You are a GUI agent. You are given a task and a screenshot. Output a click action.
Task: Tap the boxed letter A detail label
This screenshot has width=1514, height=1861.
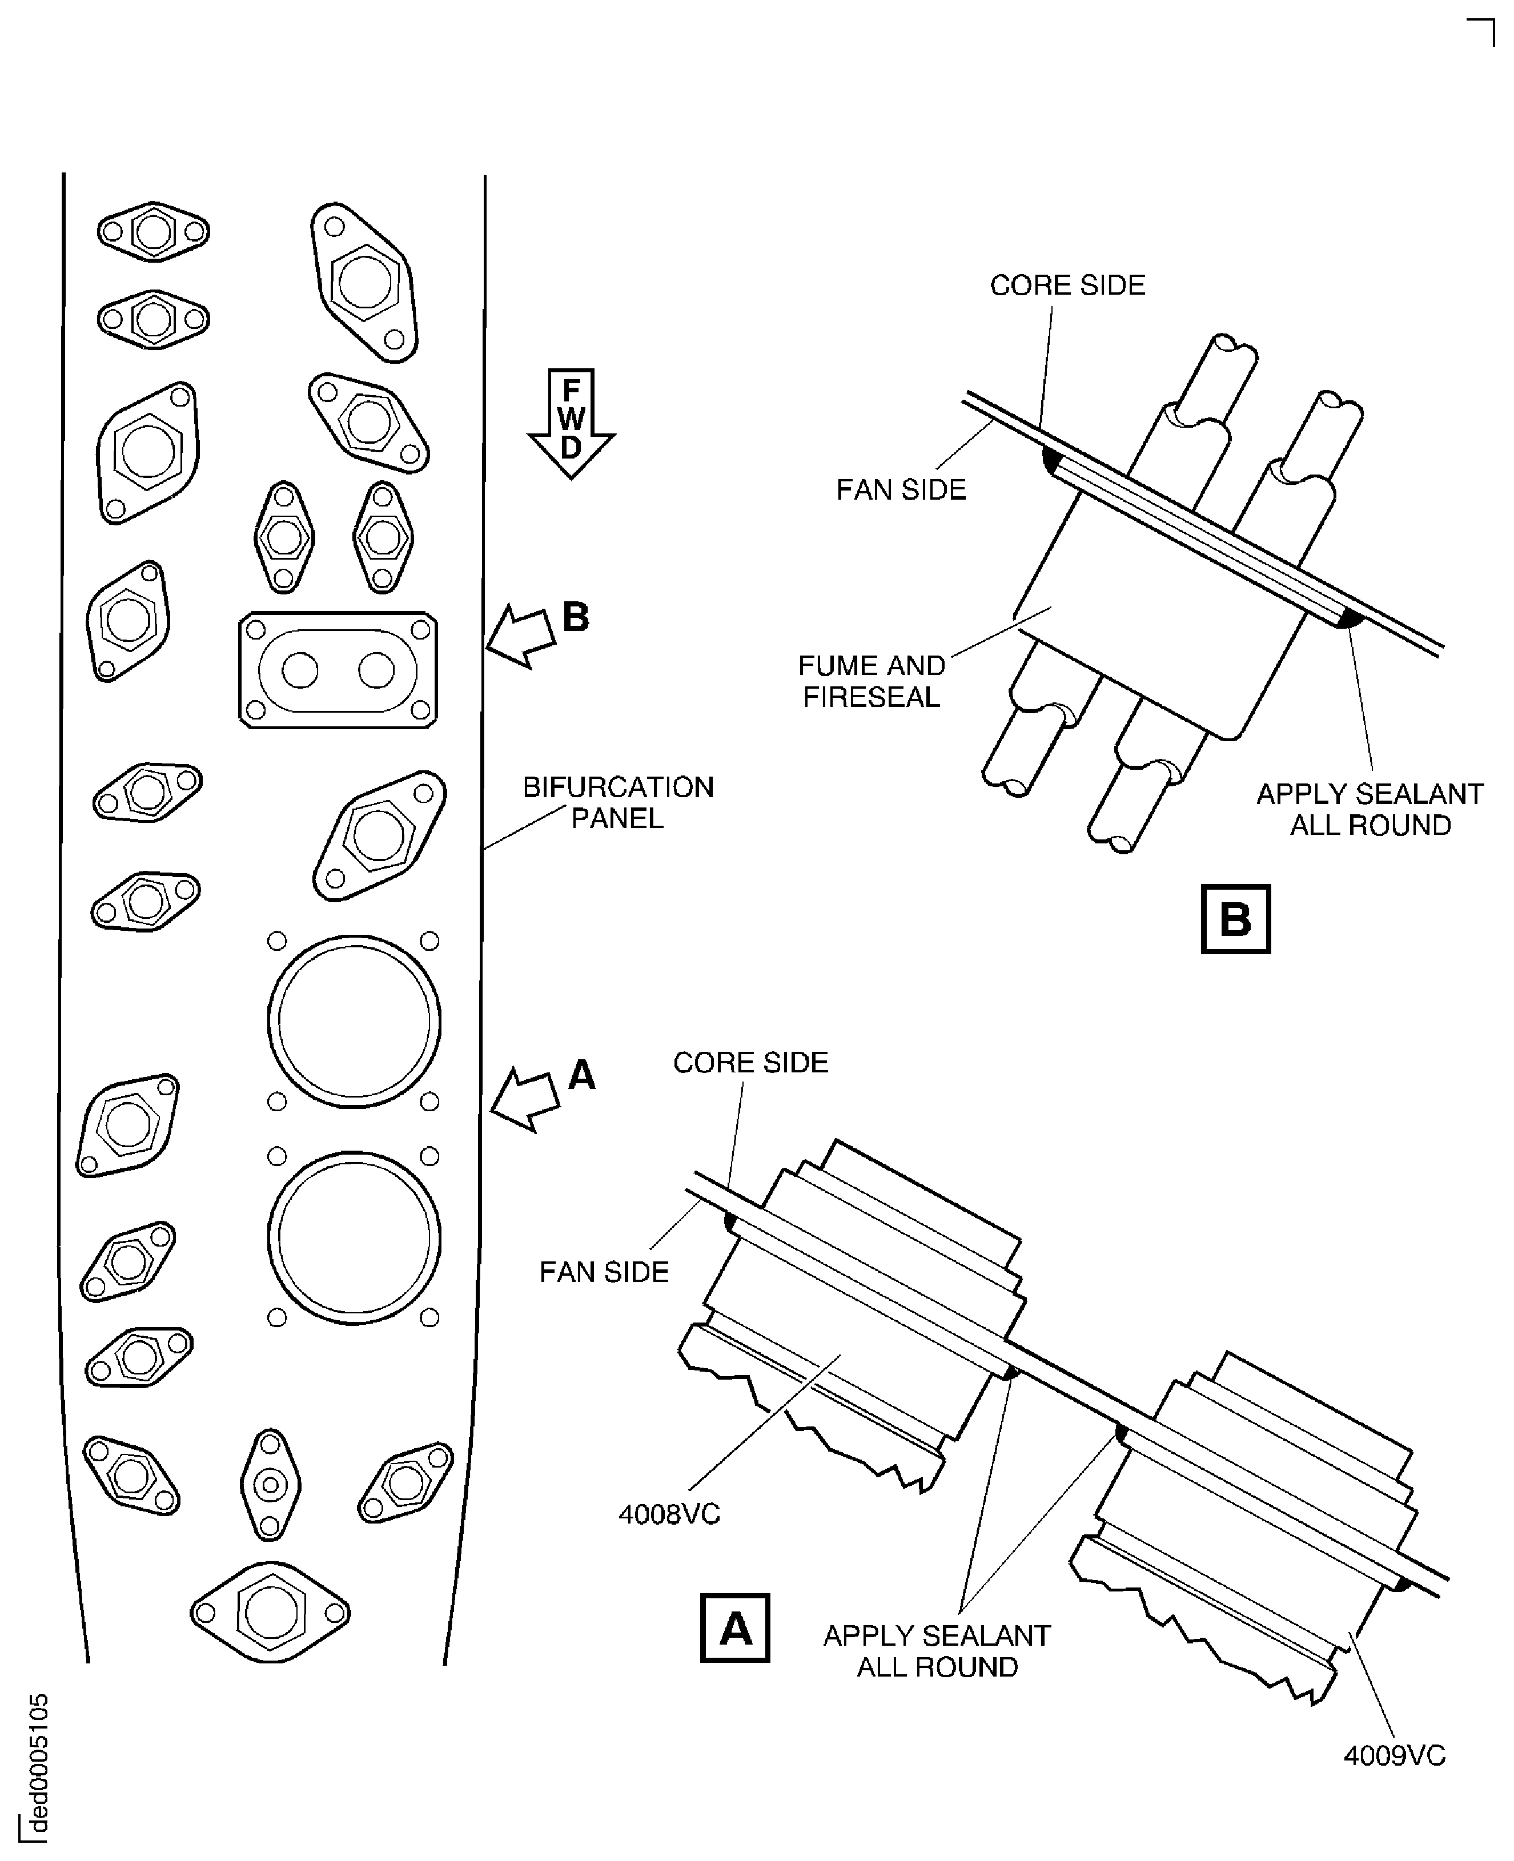[734, 1627]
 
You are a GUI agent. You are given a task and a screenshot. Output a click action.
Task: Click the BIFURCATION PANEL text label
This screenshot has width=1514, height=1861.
[617, 802]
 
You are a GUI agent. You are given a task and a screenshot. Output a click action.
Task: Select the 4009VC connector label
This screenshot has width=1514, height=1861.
[1393, 1755]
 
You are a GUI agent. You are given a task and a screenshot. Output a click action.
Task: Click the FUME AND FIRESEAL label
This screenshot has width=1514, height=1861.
[872, 681]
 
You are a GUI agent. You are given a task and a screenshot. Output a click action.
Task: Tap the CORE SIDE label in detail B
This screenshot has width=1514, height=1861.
[1067, 285]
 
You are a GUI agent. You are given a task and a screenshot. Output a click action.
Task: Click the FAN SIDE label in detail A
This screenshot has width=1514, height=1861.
[604, 1272]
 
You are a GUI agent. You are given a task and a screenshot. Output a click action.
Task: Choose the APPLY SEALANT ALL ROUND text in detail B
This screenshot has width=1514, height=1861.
[1370, 809]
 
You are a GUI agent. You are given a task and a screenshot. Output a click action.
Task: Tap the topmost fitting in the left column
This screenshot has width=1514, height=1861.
[154, 231]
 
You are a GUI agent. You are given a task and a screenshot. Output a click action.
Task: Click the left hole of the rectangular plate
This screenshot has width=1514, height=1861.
[300, 670]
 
